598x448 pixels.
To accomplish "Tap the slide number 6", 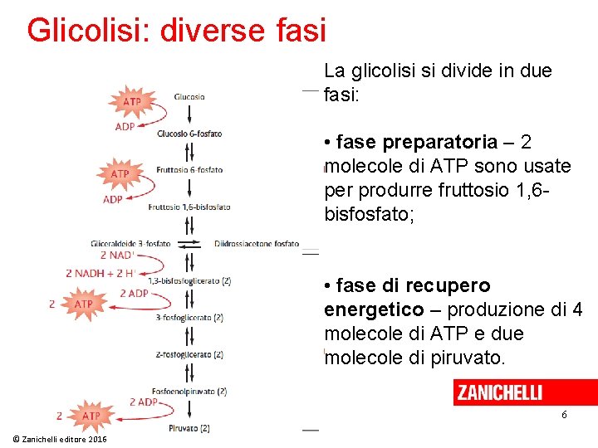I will coord(564,414).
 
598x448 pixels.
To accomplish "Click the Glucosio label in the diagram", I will coord(189,97).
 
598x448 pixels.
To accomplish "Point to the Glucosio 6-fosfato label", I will coord(190,133).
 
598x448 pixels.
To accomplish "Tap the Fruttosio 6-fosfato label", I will coord(189,170).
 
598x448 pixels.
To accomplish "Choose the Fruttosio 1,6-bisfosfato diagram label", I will coord(189,207).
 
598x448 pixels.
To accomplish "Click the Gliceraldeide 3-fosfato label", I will coord(130,243).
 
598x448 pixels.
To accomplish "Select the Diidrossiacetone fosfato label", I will coord(256,243).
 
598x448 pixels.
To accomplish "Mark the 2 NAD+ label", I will coord(117,256).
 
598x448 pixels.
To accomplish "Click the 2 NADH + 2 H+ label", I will coord(100,273).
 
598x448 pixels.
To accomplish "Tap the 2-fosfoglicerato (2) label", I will coord(189,354).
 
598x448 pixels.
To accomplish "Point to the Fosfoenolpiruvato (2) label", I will coord(189,391).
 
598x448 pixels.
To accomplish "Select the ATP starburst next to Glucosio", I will coord(131,102).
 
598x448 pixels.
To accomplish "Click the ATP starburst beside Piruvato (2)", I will coord(91,415).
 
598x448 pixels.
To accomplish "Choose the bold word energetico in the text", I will coord(374,309).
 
